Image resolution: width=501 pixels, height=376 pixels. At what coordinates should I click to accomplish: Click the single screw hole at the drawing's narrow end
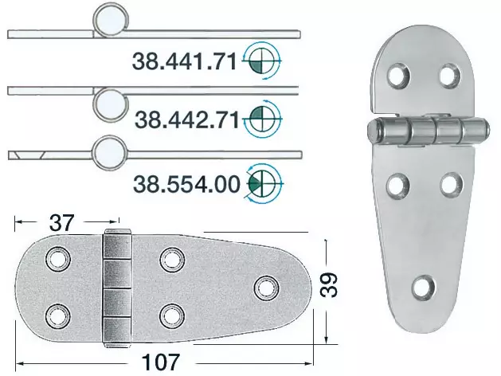[264, 286]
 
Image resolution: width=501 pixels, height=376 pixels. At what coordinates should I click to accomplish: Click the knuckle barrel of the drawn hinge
[117, 286]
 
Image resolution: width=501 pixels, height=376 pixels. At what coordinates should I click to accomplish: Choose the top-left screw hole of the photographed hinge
[396, 76]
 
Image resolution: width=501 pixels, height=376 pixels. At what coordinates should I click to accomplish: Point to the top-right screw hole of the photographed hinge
[449, 76]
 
